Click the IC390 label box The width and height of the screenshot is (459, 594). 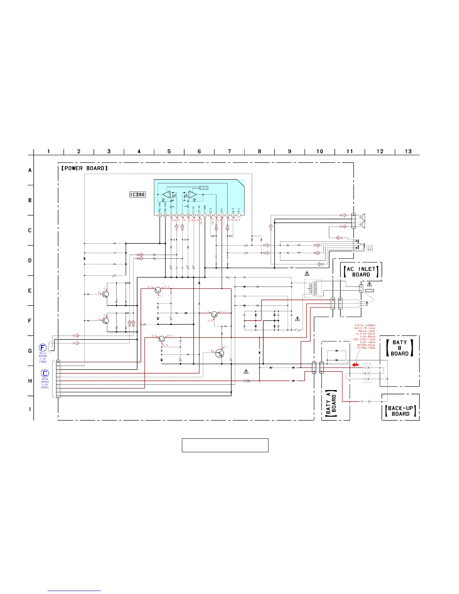coord(137,195)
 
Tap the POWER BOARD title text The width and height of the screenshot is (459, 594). coord(84,168)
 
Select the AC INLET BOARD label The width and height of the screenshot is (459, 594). coord(361,271)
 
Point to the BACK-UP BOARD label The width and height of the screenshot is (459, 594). coord(400,411)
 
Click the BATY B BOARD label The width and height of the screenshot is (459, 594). coord(400,348)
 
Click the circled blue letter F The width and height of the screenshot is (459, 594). coord(43,348)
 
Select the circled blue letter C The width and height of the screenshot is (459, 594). coord(45,373)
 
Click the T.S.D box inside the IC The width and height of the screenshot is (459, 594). coord(204,188)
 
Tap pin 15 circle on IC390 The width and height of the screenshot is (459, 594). coord(160,215)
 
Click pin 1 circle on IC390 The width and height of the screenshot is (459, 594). coord(239,215)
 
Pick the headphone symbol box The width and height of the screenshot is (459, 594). coord(370,248)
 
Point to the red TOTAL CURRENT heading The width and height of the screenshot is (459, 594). coord(365,325)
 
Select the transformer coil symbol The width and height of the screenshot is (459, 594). coord(313,288)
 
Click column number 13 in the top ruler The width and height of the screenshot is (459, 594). coord(408,151)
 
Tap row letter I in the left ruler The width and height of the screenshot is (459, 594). coord(30,409)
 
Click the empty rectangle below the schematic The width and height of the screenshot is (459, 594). coord(225,445)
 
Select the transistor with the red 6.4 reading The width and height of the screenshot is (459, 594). coord(158,290)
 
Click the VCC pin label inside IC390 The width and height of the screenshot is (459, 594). coord(222,210)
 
